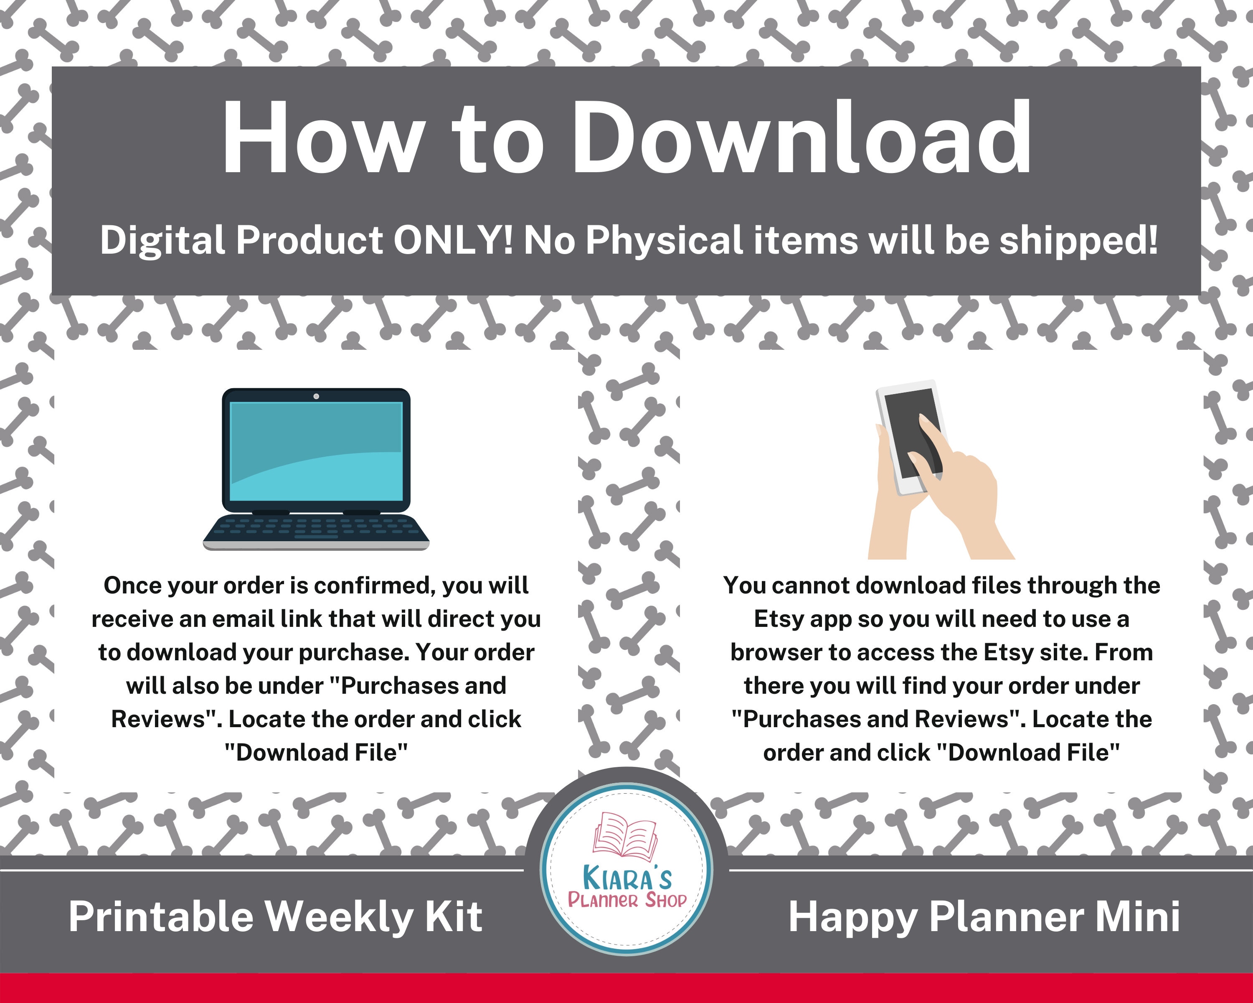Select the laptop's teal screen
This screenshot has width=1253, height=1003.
[316, 451]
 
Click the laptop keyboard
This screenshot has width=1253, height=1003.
[316, 527]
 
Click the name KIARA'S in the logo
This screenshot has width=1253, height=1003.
[626, 878]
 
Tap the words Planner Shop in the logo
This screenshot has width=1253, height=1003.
[626, 901]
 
